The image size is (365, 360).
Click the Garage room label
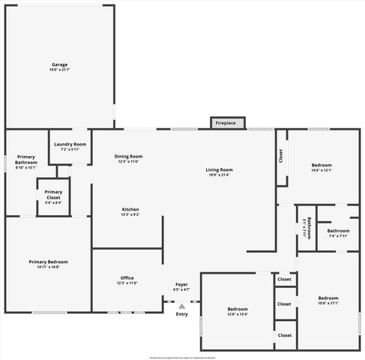point(59,64)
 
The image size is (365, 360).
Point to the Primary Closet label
point(53,194)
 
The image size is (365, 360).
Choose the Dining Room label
point(128,157)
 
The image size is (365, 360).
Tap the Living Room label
point(220,170)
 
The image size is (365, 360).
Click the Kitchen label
point(130,209)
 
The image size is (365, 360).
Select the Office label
point(127,278)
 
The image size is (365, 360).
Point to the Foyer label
point(181,284)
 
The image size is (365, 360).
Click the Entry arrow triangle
point(181,306)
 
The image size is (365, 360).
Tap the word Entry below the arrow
point(182,313)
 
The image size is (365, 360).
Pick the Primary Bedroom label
point(48,262)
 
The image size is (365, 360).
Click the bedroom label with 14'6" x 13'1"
point(321,165)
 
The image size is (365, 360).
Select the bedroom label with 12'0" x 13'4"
point(237,309)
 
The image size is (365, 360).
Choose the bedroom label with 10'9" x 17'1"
point(328,298)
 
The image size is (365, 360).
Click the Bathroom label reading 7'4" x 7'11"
point(338,231)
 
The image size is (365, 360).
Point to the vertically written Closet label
point(281,156)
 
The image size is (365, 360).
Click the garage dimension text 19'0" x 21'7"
point(59,70)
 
